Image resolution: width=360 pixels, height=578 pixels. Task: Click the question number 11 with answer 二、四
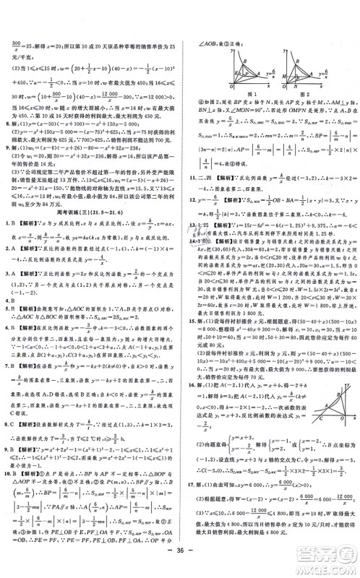[x=190, y=175]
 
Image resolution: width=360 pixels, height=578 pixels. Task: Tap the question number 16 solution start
[x=190, y=408]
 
